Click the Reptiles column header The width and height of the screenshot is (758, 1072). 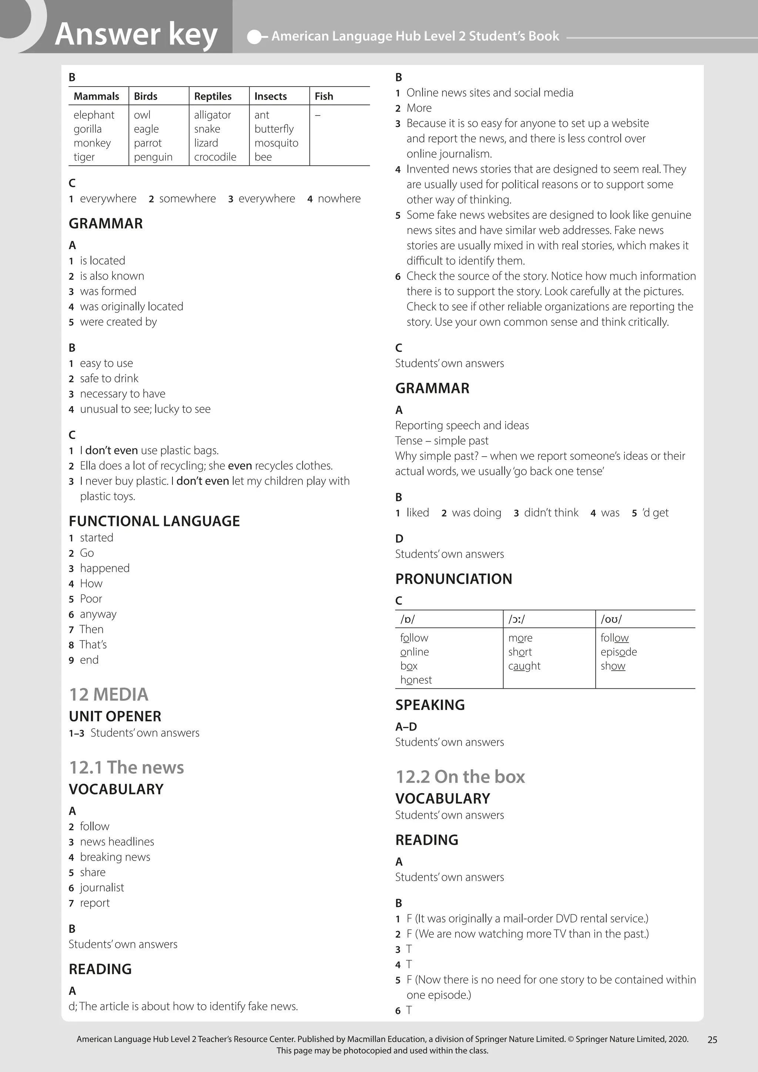click(x=212, y=96)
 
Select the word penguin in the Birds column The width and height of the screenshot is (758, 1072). click(x=153, y=157)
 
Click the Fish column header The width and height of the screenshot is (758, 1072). click(x=323, y=96)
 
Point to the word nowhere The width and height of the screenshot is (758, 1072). click(x=339, y=198)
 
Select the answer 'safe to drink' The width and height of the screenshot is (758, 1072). click(x=109, y=378)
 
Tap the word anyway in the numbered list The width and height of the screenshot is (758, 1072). click(x=98, y=614)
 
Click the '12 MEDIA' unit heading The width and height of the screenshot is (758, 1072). click(x=108, y=694)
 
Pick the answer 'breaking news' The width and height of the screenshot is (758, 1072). click(x=115, y=857)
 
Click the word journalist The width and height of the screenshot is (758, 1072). click(x=102, y=887)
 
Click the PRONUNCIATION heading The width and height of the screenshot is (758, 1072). click(x=453, y=579)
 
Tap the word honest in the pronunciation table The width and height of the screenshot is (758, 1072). click(x=416, y=680)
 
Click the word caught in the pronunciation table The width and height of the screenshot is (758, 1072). click(x=524, y=666)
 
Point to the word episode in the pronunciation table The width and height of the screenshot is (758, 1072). click(x=618, y=652)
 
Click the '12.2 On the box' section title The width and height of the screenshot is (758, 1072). click(x=460, y=777)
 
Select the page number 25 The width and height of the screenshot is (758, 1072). click(x=712, y=1039)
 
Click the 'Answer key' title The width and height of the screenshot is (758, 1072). click(x=136, y=34)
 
